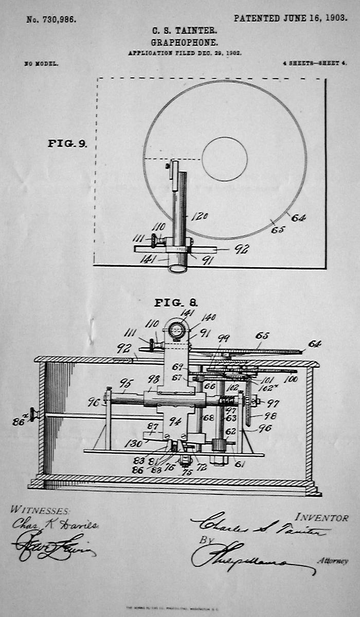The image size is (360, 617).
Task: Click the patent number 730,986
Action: pyautogui.click(x=51, y=20)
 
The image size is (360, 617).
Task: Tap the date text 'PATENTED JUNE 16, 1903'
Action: pyautogui.click(x=290, y=18)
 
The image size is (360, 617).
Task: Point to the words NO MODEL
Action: pyautogui.click(x=41, y=64)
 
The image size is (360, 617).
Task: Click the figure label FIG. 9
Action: pyautogui.click(x=67, y=144)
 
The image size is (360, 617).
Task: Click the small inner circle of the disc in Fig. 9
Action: pyautogui.click(x=225, y=159)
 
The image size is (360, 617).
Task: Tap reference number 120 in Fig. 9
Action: pyautogui.click(x=199, y=216)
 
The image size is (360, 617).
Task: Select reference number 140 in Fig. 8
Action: pyautogui.click(x=208, y=318)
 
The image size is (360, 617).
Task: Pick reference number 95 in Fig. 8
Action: pyautogui.click(x=125, y=383)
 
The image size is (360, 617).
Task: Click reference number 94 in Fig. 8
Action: pyautogui.click(x=175, y=421)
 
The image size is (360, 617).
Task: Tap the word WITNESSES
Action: pyautogui.click(x=40, y=510)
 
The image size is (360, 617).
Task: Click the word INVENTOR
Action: pyautogui.click(x=321, y=518)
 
